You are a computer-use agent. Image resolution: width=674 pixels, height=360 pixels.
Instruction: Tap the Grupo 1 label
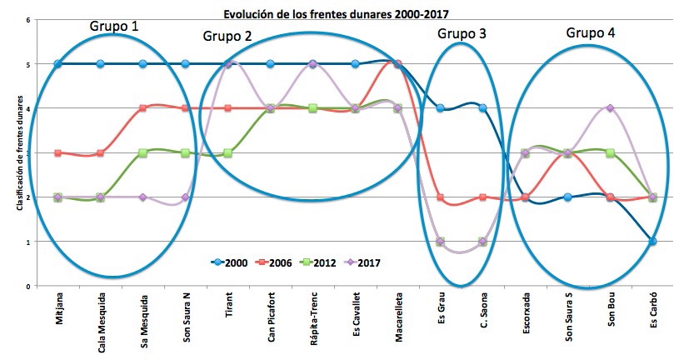click(x=115, y=26)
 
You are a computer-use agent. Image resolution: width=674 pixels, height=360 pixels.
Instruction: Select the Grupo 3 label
click(x=462, y=33)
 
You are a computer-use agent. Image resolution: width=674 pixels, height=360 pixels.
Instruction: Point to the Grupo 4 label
click(x=591, y=32)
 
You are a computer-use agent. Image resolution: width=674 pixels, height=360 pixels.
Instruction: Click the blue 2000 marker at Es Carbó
click(x=652, y=242)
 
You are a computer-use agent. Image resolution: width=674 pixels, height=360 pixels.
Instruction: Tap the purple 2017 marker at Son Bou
click(x=610, y=108)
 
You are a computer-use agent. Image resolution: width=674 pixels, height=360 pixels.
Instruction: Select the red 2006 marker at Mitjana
click(x=57, y=153)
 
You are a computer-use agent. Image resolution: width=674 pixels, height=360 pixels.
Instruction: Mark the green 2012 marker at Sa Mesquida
click(x=143, y=153)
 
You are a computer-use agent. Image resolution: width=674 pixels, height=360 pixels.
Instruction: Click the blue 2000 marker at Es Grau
click(x=440, y=108)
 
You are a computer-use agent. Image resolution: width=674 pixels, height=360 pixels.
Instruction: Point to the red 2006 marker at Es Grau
click(x=440, y=197)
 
